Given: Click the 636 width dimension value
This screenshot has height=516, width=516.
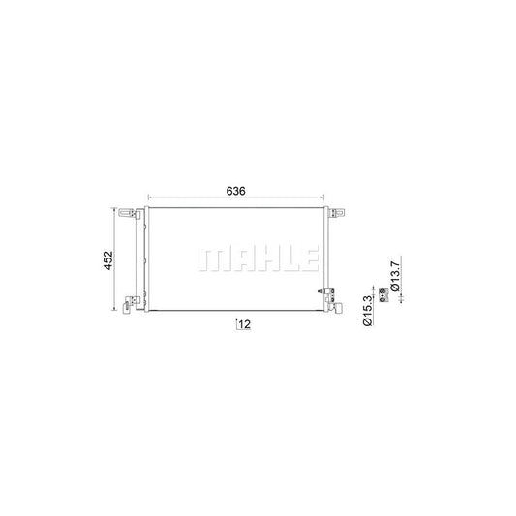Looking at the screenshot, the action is [235, 191].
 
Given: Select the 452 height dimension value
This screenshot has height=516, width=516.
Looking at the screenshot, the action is [108, 260].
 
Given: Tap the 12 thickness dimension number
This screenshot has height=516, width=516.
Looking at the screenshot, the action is [245, 324].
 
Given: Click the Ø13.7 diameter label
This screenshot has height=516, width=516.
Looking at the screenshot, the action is [395, 277].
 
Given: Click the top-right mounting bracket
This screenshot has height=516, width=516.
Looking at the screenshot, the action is [337, 213].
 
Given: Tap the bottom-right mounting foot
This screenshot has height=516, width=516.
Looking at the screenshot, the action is [336, 308].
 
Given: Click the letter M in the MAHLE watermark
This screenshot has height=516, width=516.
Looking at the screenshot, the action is [215, 259].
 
